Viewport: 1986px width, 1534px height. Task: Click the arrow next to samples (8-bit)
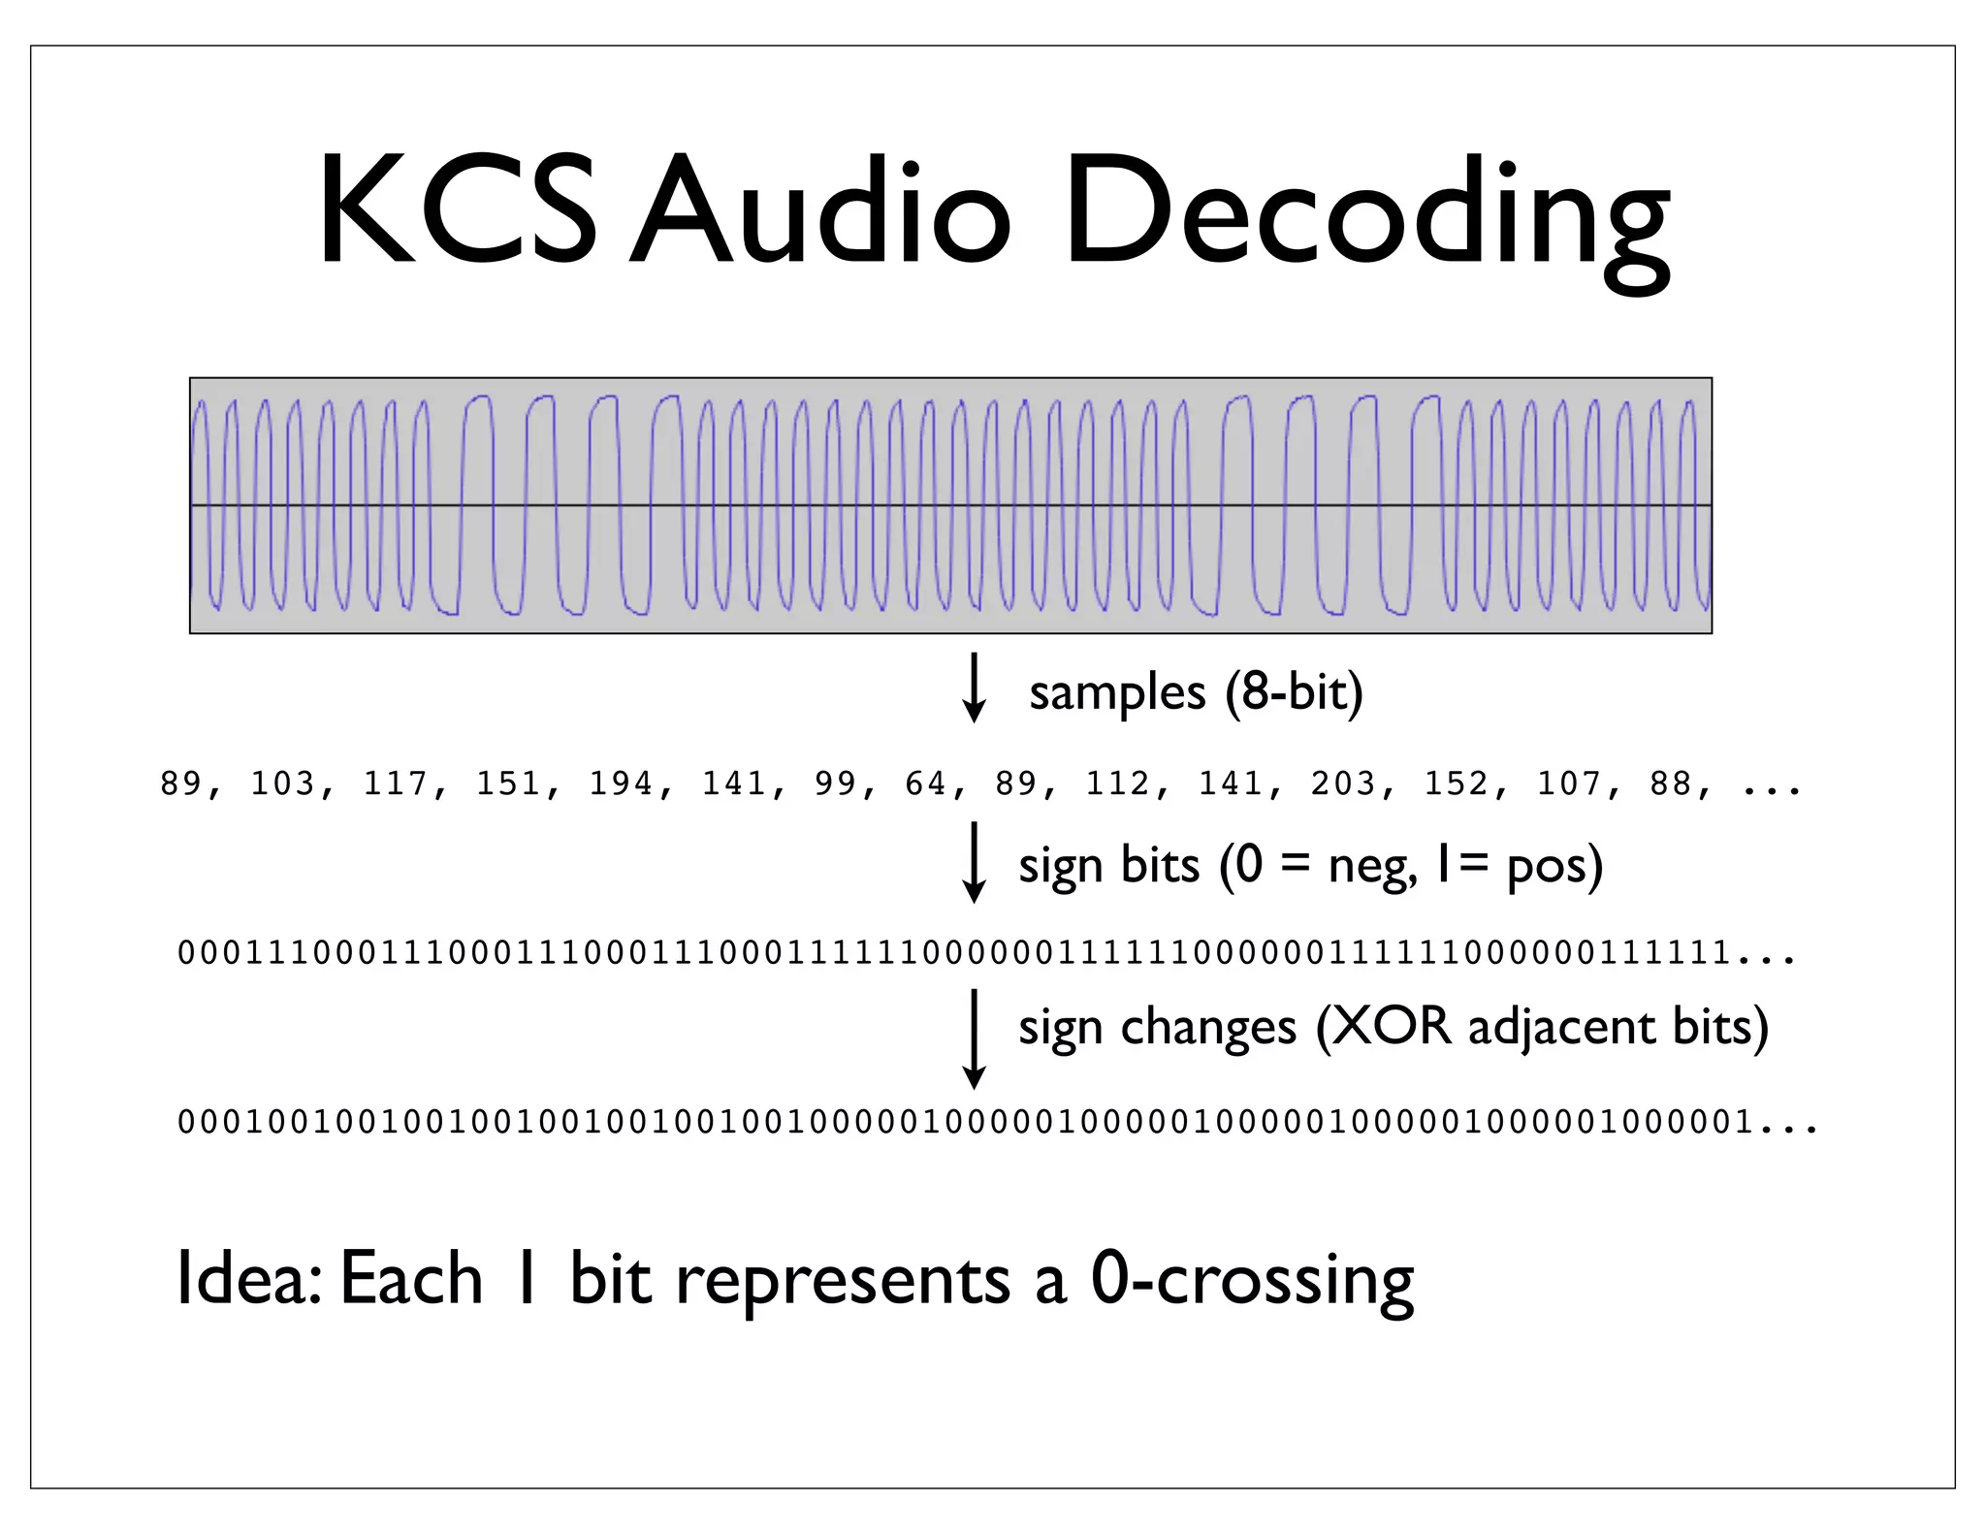pyautogui.click(x=973, y=688)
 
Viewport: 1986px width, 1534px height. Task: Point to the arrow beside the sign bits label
pyautogui.click(x=973, y=862)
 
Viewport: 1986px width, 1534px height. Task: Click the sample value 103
pyautogui.click(x=283, y=783)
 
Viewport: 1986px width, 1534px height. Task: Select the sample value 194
pyautogui.click(x=622, y=783)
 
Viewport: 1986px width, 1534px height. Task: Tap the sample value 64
pyautogui.click(x=925, y=783)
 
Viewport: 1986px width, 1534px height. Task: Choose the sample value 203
pyautogui.click(x=1344, y=783)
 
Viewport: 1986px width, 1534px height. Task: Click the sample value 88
pyautogui.click(x=1671, y=783)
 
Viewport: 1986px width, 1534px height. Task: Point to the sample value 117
pyautogui.click(x=396, y=783)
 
